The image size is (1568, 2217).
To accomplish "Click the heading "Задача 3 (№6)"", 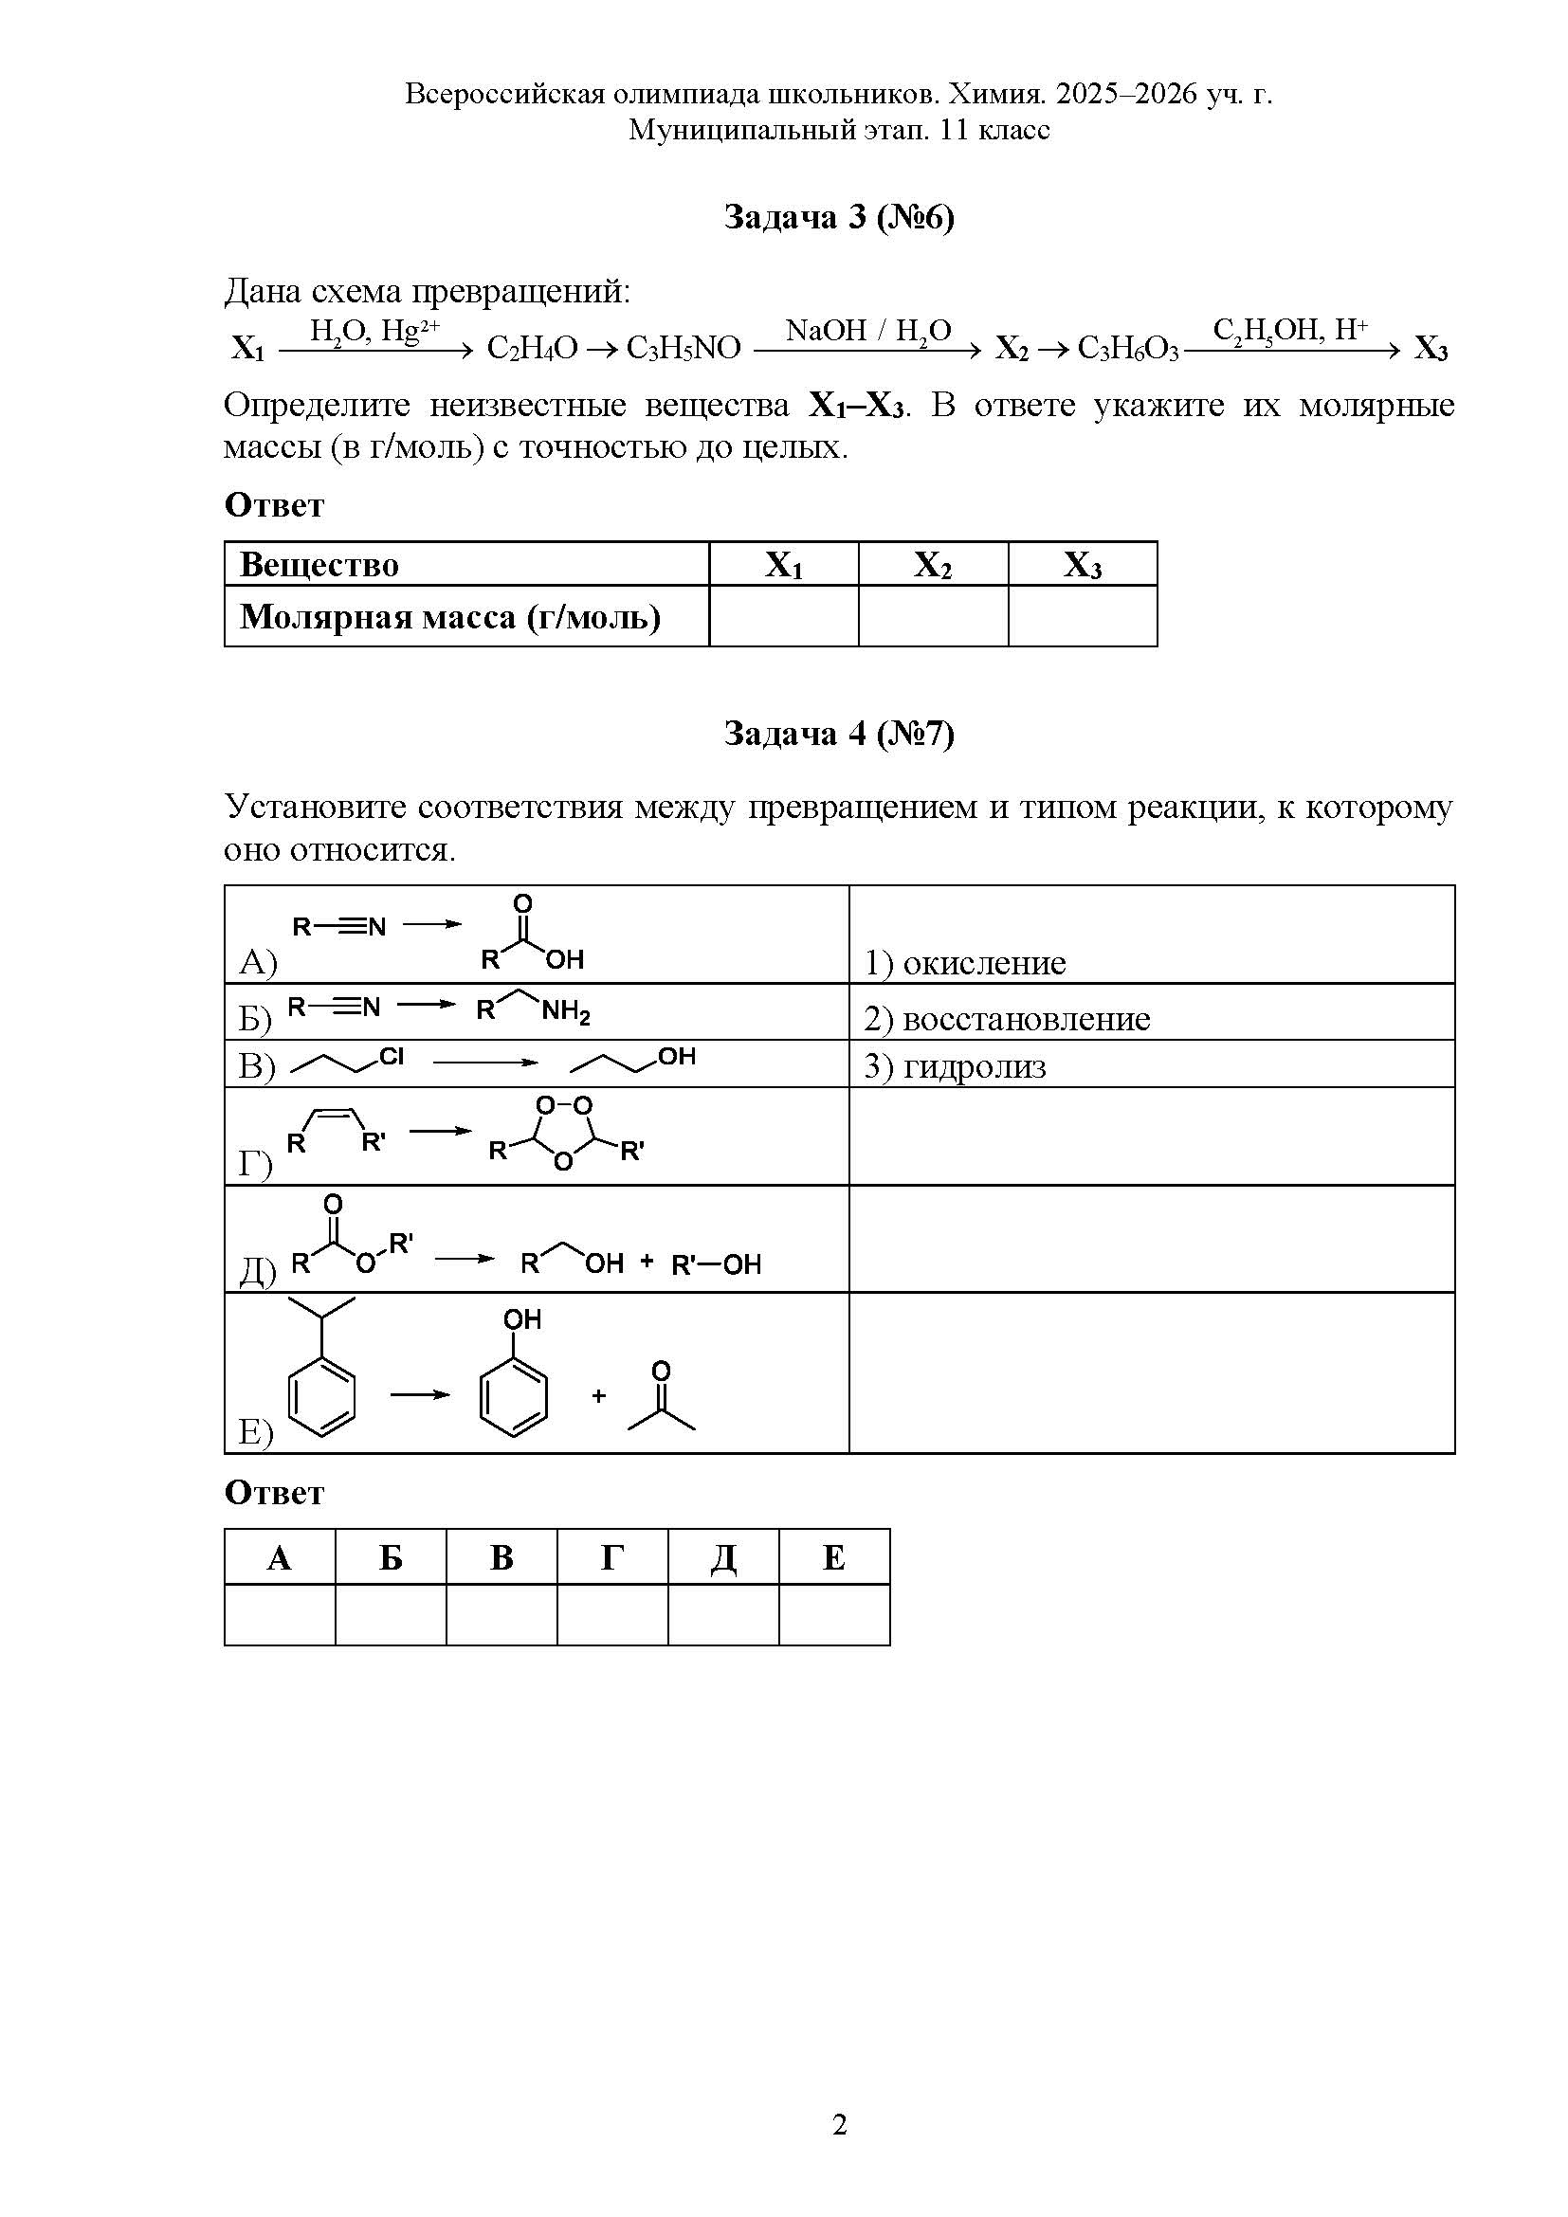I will [839, 217].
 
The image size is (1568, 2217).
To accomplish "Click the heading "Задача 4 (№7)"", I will [839, 734].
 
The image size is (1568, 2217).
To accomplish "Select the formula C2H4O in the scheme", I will [531, 348].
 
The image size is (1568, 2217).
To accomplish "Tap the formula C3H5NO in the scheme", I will [683, 348].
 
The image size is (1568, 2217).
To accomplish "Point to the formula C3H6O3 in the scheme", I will [1128, 348].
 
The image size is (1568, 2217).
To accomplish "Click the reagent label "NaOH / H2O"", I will [868, 331].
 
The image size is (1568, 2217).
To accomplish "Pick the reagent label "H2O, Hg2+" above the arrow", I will [374, 331].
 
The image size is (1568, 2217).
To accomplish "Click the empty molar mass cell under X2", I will [933, 616].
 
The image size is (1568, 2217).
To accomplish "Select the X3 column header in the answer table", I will [1083, 565].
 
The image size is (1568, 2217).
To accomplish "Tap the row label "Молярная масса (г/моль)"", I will [450, 616].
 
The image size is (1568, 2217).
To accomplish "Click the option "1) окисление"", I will [964, 963].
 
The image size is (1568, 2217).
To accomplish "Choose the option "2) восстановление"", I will [1007, 1019].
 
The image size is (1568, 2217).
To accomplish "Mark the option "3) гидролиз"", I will [955, 1066].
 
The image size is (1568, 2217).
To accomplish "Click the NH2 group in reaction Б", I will [566, 1013].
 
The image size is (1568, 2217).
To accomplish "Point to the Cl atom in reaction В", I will [391, 1056].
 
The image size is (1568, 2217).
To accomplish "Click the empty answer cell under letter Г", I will [612, 1614].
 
